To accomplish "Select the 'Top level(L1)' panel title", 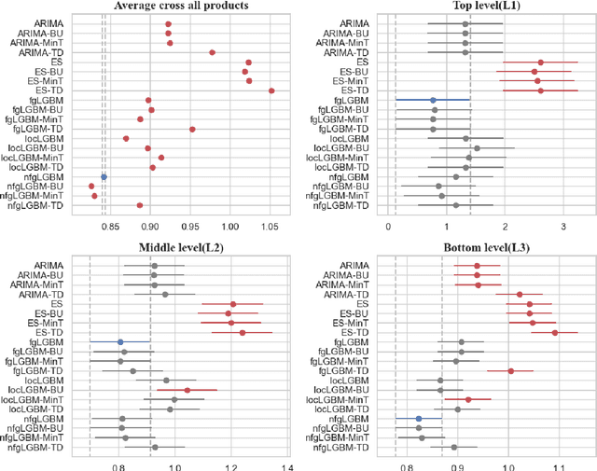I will click(485, 6).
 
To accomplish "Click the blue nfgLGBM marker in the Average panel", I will click(104, 176).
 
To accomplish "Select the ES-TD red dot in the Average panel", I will click(271, 90).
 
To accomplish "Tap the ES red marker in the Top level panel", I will click(540, 62).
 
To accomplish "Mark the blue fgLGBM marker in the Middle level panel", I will click(119, 342).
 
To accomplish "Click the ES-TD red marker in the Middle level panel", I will click(242, 332).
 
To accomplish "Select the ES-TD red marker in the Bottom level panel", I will click(555, 332).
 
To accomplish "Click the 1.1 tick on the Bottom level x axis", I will click(556, 465).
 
